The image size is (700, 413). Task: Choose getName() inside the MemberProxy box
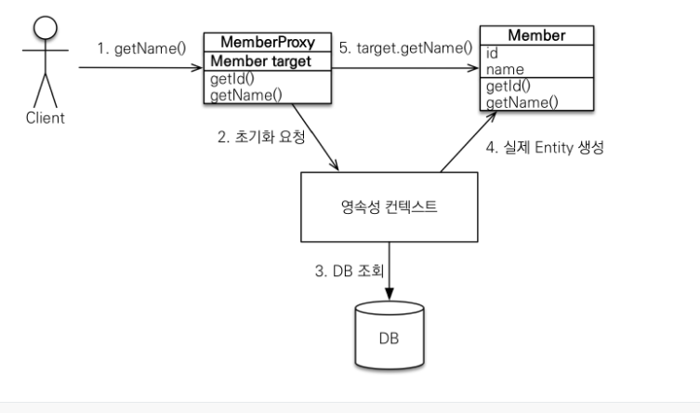(x=244, y=94)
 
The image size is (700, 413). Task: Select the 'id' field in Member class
(x=493, y=53)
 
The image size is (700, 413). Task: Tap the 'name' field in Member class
(x=506, y=69)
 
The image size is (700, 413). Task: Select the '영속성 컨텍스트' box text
(x=395, y=206)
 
